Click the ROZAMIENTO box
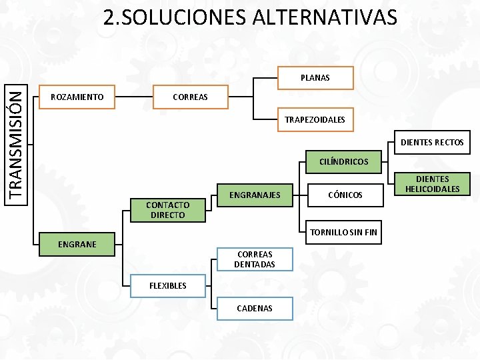point(77,97)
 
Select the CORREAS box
point(190,97)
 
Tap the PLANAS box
point(315,78)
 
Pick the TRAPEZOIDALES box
point(315,120)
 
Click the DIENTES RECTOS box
point(432,142)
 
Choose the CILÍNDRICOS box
point(343,161)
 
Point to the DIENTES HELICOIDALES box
point(432,184)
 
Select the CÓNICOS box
point(345,195)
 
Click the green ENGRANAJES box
point(255,195)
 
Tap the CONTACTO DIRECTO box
point(167,210)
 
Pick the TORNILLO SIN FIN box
point(343,233)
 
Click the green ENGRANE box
point(77,245)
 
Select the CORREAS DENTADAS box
point(254,259)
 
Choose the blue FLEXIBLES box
point(167,285)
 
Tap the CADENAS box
point(254,309)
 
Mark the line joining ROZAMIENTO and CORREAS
point(133,97)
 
